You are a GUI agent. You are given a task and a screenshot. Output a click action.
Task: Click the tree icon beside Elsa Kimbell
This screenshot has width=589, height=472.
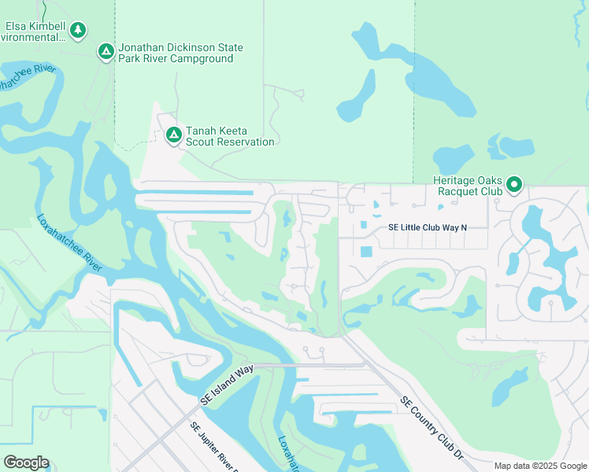pyautogui.click(x=77, y=31)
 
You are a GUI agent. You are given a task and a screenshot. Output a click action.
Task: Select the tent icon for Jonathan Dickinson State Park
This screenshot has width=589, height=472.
pyautogui.click(x=106, y=52)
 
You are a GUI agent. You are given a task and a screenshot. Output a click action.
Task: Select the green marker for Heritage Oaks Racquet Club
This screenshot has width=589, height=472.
pyautogui.click(x=514, y=185)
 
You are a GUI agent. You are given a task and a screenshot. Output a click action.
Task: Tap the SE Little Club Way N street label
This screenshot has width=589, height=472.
pyautogui.click(x=428, y=228)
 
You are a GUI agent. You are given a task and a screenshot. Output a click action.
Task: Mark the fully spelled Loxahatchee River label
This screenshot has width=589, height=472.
pyautogui.click(x=69, y=244)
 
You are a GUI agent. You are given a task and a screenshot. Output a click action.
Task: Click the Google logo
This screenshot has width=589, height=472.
pyautogui.click(x=26, y=463)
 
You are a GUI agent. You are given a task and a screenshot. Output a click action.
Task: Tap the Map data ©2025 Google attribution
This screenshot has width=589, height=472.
pyautogui.click(x=541, y=466)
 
